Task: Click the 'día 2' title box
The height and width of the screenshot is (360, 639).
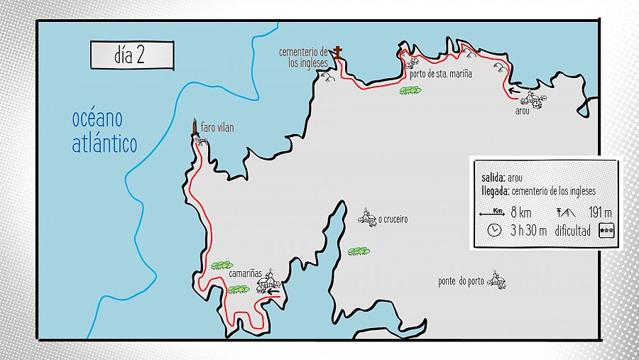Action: [131, 55]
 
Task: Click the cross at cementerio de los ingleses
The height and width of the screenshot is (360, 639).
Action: [338, 53]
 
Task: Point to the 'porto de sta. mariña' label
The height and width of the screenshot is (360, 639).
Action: [440, 73]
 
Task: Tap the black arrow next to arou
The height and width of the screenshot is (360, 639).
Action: [514, 91]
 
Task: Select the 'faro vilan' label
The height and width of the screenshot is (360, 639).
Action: [217, 128]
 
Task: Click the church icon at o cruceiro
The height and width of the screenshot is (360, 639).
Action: [367, 219]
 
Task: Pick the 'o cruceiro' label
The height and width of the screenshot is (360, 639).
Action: [393, 220]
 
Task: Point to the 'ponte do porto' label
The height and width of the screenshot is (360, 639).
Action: [461, 281]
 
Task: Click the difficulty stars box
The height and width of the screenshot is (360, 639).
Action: [607, 230]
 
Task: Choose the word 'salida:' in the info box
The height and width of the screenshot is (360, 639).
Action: [493, 178]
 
